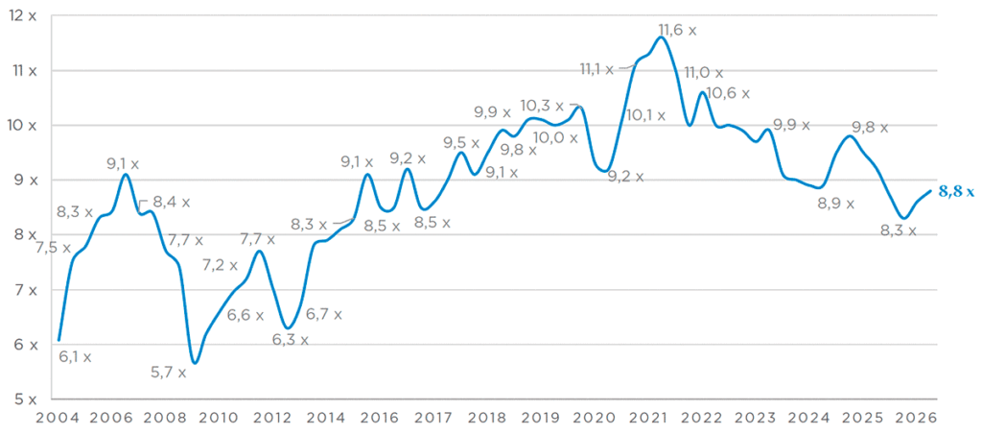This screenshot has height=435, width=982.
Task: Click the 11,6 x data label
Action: click(x=678, y=30)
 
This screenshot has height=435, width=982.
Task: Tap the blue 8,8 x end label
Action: click(x=956, y=193)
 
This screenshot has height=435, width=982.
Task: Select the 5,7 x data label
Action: click(x=169, y=373)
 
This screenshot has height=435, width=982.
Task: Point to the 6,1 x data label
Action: click(x=75, y=357)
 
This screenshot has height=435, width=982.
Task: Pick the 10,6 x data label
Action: click(x=729, y=94)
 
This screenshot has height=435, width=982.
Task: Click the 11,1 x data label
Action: click(x=596, y=69)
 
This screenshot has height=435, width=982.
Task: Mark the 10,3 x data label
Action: click(x=543, y=106)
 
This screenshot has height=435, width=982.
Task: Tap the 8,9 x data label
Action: click(x=836, y=204)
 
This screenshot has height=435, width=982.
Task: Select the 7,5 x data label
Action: click(x=54, y=248)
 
